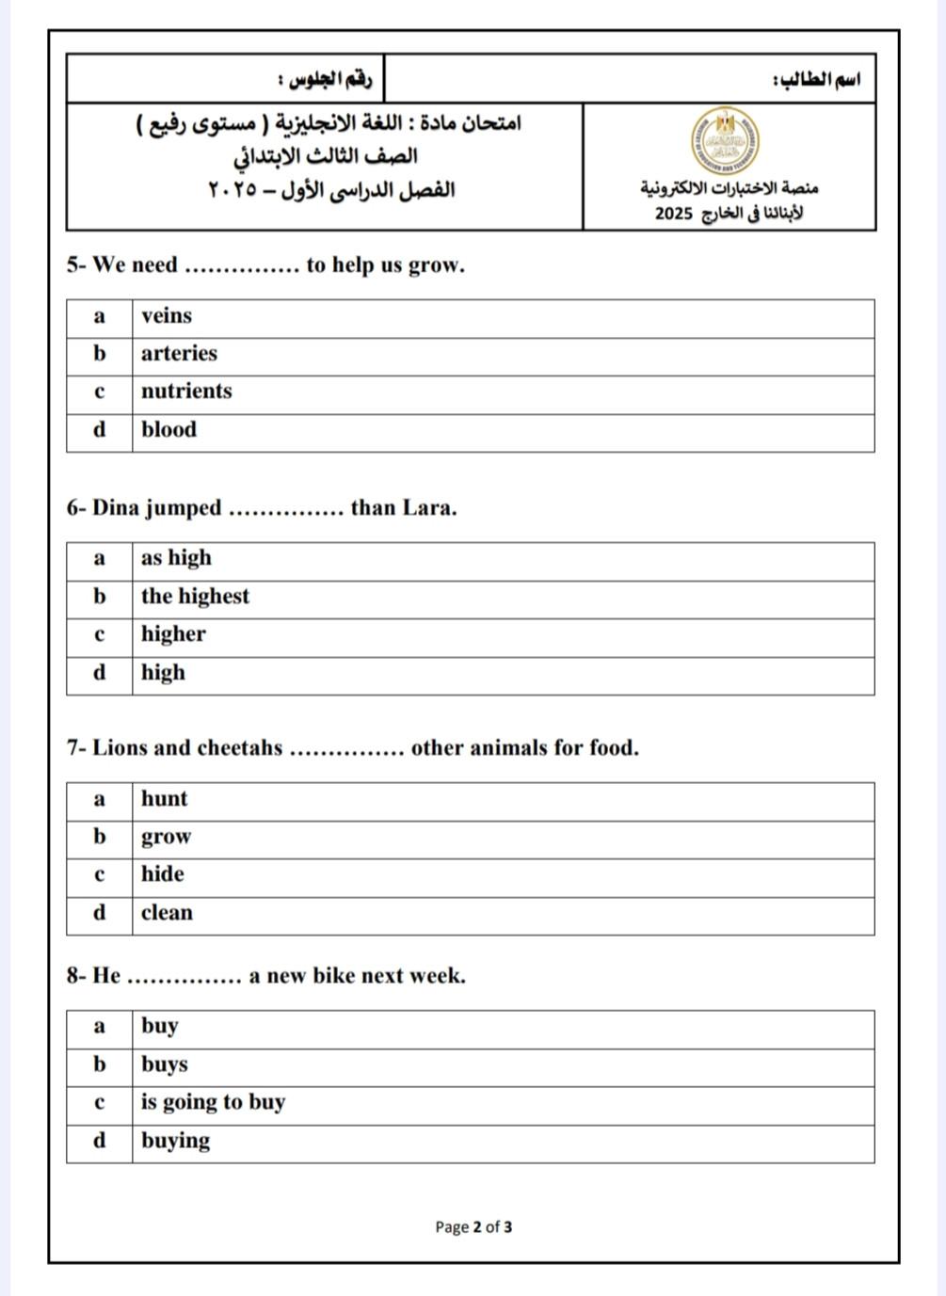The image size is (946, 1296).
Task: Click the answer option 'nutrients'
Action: [x=186, y=392]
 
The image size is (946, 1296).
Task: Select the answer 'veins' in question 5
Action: [x=167, y=316]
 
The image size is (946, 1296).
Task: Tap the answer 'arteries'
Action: [x=179, y=354]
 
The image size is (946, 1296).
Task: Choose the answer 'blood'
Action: [x=169, y=430]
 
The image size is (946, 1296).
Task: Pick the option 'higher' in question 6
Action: [x=173, y=634]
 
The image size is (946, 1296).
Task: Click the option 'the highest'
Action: [x=195, y=597]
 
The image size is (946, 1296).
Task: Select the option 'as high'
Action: [x=176, y=558]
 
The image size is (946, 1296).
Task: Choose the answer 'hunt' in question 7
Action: [x=165, y=799]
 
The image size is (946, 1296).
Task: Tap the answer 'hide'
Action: [x=163, y=874]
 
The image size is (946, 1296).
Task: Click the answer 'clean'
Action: [x=167, y=913]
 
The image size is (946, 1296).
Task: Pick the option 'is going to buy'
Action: [x=213, y=1102]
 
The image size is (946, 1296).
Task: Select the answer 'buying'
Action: [x=175, y=1141]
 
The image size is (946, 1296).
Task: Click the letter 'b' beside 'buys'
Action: [x=99, y=1064]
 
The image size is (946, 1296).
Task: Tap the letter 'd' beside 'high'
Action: [x=99, y=673]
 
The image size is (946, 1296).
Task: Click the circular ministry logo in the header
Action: [x=725, y=141]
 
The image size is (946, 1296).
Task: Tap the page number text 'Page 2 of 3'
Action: [x=473, y=1226]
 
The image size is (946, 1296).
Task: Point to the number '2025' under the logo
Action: [x=673, y=214]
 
